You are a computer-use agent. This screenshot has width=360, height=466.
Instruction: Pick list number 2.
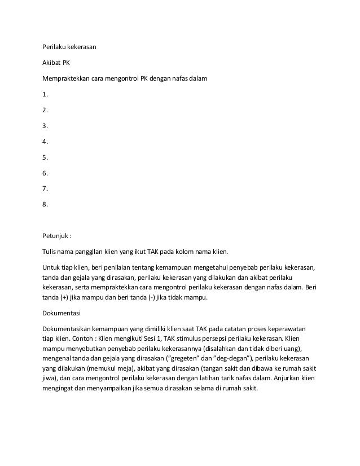coord(45,110)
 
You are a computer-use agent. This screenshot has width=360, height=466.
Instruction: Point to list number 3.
coord(45,126)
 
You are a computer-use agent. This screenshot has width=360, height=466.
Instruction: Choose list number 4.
coord(45,142)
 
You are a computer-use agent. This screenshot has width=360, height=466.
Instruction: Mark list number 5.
coord(45,157)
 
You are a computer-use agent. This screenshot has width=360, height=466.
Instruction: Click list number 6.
coord(45,173)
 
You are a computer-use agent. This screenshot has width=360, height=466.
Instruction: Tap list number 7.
coord(45,189)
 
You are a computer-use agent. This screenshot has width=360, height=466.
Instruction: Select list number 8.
coord(45,205)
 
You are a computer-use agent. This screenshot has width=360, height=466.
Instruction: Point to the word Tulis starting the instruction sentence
coord(50,252)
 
